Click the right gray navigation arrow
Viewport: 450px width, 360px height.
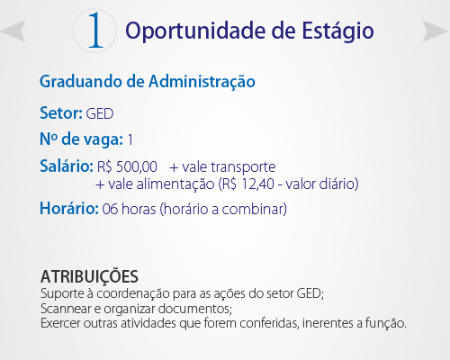tap(434, 31)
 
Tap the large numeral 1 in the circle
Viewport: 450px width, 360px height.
tap(95, 30)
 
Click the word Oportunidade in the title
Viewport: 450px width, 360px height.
tap(195, 31)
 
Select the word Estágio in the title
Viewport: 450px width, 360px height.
tap(337, 31)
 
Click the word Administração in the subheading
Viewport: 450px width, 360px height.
tap(202, 82)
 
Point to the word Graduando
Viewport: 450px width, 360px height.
tap(81, 82)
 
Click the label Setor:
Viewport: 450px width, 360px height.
tap(61, 113)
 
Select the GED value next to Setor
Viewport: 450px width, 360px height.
tap(100, 114)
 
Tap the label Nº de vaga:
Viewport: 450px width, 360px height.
tap(82, 139)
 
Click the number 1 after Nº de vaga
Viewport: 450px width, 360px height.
tap(130, 140)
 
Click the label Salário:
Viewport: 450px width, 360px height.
tap(67, 166)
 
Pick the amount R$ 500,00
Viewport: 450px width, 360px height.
tap(127, 166)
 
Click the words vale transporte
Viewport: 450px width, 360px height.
tap(229, 167)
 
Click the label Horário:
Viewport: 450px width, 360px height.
tap(69, 209)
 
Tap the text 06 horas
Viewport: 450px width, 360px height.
tap(129, 209)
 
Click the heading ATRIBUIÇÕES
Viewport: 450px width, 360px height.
tap(89, 277)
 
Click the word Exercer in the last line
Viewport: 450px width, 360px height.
tap(60, 323)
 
